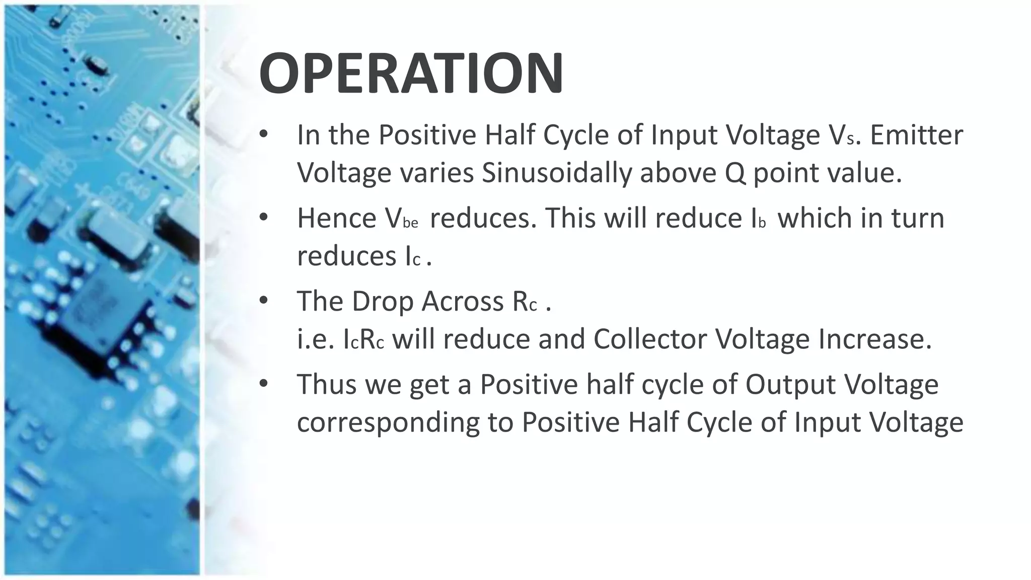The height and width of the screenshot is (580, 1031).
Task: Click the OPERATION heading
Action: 411,73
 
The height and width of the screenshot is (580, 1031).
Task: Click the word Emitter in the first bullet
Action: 916,135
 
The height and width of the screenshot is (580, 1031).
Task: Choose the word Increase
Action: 875,339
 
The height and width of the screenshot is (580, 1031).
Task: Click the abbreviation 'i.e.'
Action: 316,339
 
